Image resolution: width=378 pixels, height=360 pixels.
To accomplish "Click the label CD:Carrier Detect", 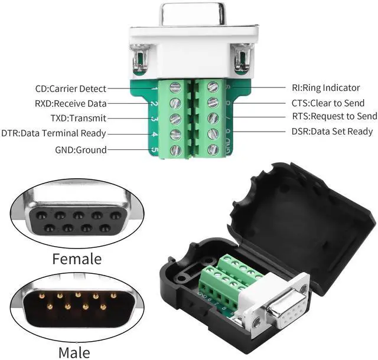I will (70, 89).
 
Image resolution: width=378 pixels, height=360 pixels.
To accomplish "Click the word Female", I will (77, 259).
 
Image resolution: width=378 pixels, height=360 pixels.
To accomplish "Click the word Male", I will (74, 352).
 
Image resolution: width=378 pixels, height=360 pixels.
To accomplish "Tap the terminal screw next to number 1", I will (174, 89).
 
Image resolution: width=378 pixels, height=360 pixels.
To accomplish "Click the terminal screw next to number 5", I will (174, 149).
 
